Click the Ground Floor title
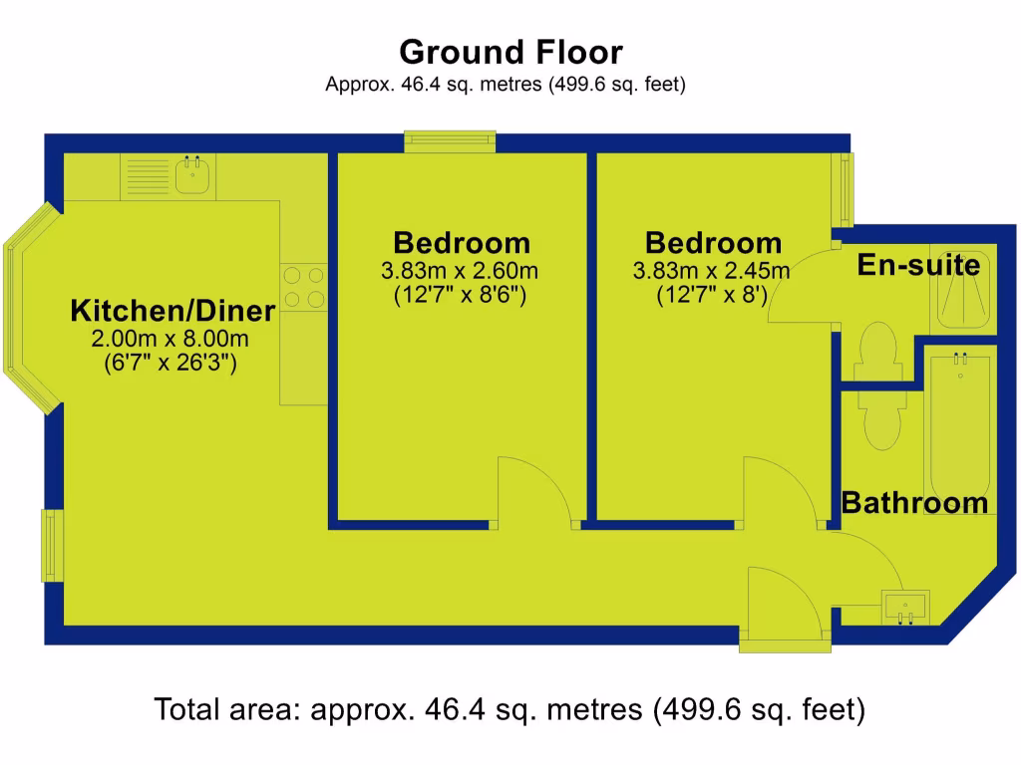[x=510, y=51]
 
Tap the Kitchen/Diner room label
[x=171, y=311]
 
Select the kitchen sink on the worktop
[x=191, y=175]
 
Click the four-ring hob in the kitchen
[x=303, y=286]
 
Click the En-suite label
[x=918, y=266]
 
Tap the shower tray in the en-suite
[x=962, y=286]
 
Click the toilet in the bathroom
[x=881, y=418]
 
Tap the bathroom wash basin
[x=905, y=606]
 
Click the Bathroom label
[x=914, y=503]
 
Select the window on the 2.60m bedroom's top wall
[x=450, y=141]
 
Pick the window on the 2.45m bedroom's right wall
[x=846, y=188]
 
